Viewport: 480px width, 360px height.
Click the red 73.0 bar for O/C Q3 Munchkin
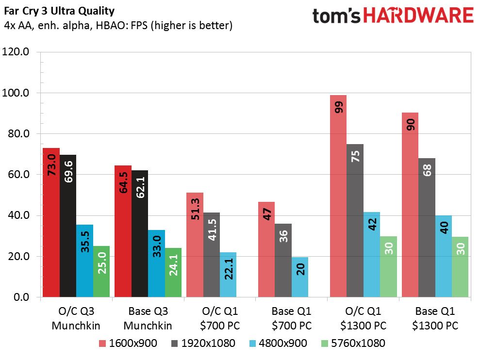[x=51, y=223]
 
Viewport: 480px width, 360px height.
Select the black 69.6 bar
[x=68, y=226]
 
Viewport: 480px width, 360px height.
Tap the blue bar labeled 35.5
[x=85, y=261]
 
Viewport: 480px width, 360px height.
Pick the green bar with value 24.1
[x=173, y=273]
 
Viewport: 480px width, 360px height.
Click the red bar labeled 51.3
[x=195, y=245]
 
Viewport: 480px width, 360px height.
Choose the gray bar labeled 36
[x=283, y=260]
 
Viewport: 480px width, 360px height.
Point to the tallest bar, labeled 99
[x=338, y=196]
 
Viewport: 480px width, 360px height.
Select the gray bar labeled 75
[x=355, y=220]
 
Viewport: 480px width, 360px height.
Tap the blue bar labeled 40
[x=444, y=256]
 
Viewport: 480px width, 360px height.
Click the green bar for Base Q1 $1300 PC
[x=460, y=267]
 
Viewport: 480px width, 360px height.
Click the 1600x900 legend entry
[x=128, y=343]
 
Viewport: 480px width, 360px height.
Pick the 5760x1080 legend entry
[x=353, y=343]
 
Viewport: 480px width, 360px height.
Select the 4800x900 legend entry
[x=278, y=343]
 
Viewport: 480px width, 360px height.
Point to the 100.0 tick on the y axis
[x=16, y=93]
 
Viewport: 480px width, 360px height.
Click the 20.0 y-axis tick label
[x=18, y=256]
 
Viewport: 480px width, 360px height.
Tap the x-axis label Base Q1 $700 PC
[x=291, y=318]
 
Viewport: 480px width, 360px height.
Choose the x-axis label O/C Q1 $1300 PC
[x=364, y=318]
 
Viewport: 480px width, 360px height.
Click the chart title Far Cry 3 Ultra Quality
[x=59, y=11]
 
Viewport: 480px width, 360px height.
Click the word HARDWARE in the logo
[x=418, y=16]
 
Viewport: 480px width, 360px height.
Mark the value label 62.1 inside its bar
[x=140, y=187]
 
